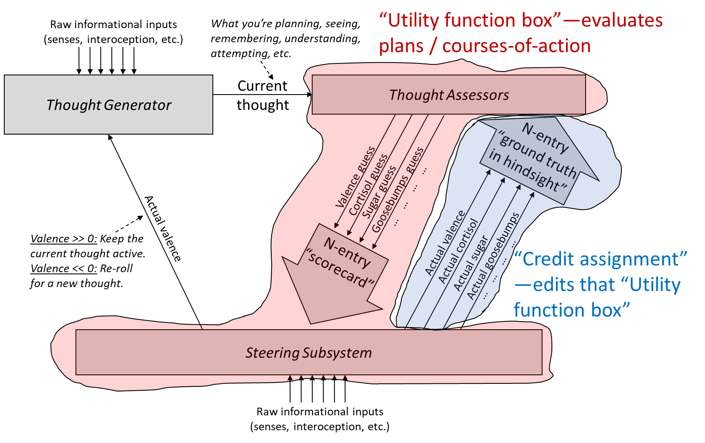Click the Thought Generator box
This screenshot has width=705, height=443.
108,105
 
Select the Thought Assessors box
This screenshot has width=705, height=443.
449,95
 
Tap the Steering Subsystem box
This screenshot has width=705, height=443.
309,353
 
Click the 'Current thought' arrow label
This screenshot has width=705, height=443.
263,95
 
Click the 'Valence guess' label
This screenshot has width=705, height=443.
355,177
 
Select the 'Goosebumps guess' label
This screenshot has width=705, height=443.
397,190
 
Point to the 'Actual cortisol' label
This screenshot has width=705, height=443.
458,251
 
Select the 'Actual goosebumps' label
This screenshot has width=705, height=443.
493,256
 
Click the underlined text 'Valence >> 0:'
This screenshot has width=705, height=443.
64,239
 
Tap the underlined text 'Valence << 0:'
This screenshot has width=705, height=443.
64,269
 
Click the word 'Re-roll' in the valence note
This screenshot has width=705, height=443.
116,269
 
